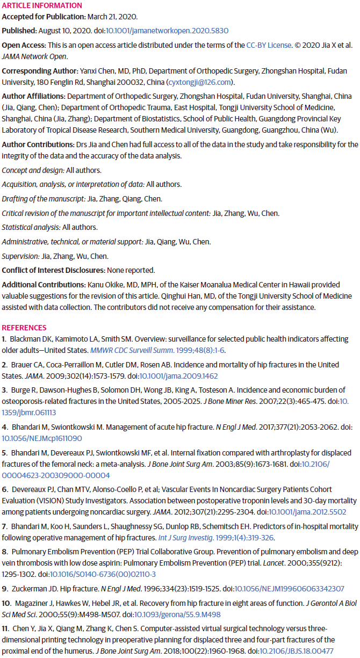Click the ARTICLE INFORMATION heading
point(42,5)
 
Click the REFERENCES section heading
point(24,328)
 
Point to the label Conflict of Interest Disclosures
point(54,270)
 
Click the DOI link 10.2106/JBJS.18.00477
point(305,650)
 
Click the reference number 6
point(4,489)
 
